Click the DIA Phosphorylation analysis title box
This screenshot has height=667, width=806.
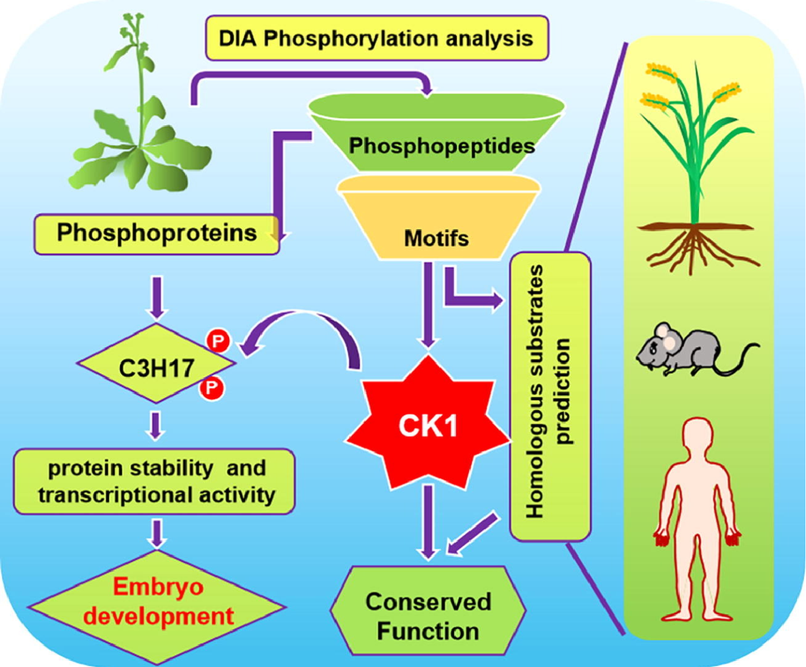point(377,39)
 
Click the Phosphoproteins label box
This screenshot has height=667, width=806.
point(156,234)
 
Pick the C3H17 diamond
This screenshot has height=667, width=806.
point(156,367)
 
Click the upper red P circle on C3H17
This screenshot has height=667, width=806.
point(218,341)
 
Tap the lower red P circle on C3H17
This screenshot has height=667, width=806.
point(211,388)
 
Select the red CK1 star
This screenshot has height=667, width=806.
point(428,425)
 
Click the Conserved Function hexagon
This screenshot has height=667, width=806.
point(428,616)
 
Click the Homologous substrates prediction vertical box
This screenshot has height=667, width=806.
point(550,395)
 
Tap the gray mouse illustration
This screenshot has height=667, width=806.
point(690,351)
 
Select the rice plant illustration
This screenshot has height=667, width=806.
point(696,166)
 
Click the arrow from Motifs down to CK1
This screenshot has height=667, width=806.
point(428,303)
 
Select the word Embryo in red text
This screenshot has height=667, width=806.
point(158,587)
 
